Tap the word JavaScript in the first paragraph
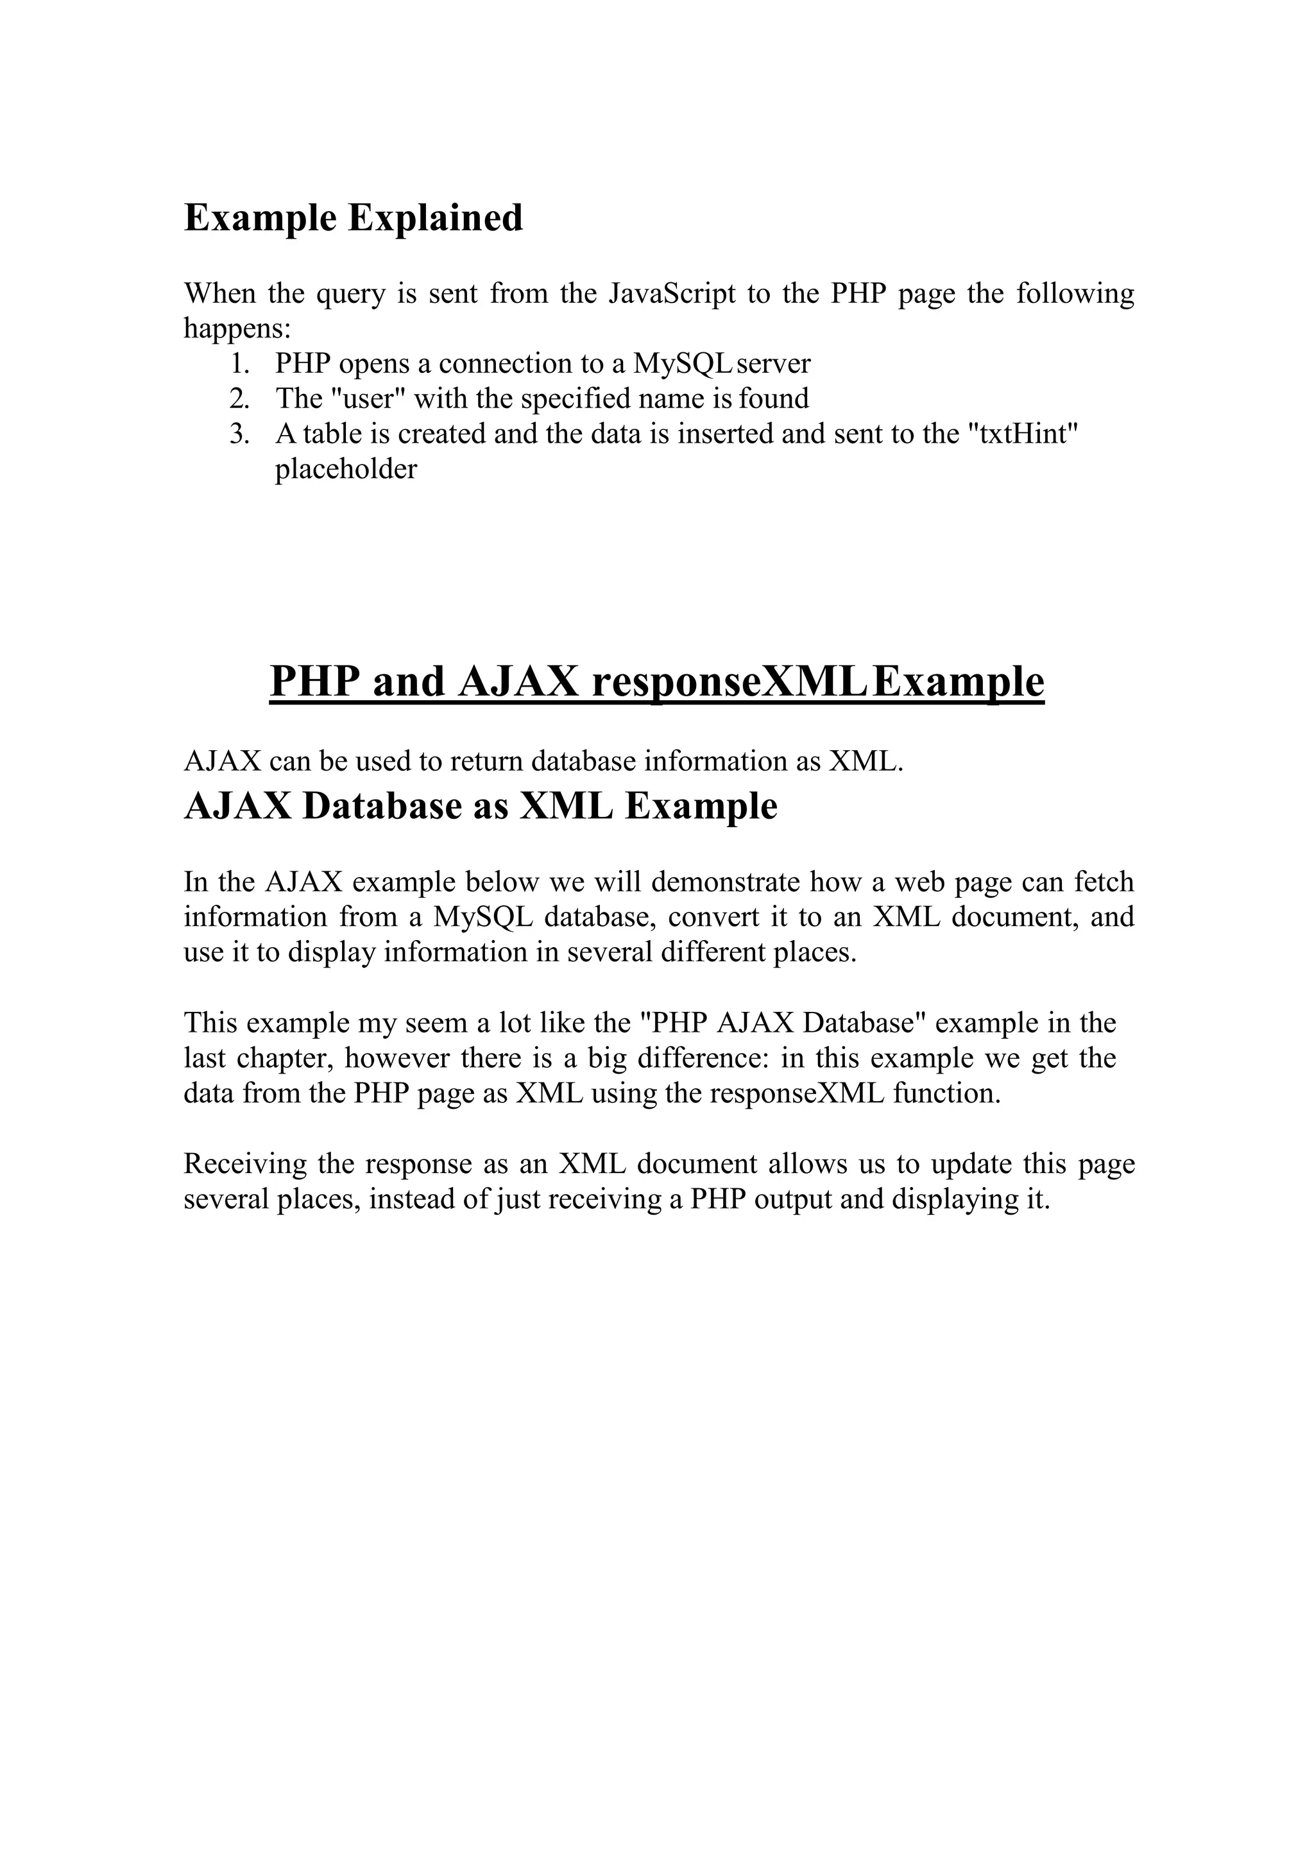click(672, 293)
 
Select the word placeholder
click(346, 469)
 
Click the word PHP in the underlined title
click(315, 682)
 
